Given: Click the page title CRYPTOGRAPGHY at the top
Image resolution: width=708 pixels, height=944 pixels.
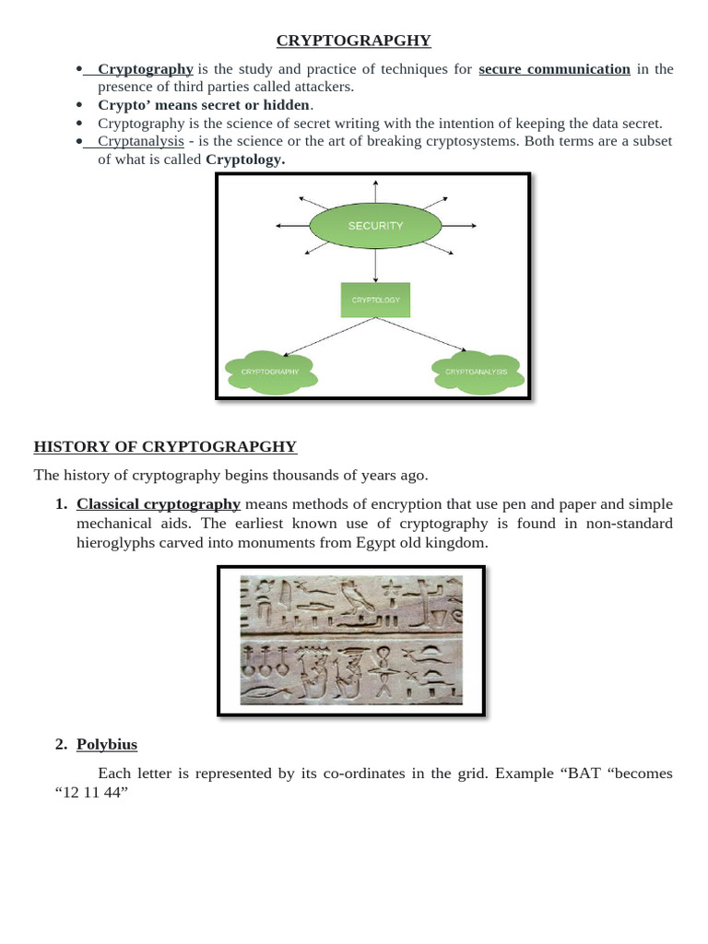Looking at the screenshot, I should point(354,41).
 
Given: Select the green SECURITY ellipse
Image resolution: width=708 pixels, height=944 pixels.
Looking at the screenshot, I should point(375,226).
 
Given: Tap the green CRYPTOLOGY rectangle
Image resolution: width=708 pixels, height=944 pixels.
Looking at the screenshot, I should point(375,300).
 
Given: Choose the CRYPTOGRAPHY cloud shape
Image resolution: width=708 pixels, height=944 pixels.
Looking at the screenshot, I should point(271,372).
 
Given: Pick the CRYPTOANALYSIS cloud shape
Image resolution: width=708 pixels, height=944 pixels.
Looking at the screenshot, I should point(477,372).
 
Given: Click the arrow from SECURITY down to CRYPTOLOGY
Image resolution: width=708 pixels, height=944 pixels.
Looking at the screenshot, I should point(375,265).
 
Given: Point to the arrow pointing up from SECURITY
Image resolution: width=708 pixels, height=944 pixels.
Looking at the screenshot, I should point(375,190).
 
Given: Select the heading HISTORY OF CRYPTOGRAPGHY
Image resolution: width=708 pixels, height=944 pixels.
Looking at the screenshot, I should point(165,447).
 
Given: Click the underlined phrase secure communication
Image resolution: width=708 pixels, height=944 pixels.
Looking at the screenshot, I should point(554,69).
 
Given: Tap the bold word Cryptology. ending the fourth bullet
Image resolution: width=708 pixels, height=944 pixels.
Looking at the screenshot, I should point(245,159).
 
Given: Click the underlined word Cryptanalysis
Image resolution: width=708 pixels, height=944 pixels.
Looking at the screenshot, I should point(140,141).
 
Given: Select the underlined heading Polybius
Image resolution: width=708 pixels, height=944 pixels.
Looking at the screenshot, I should point(107,744).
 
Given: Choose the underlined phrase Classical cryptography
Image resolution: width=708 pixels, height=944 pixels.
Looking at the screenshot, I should point(159,504).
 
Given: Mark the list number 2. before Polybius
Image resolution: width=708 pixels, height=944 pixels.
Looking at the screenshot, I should point(61,744).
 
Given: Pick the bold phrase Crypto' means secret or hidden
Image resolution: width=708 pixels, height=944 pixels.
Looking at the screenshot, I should point(204,105).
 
